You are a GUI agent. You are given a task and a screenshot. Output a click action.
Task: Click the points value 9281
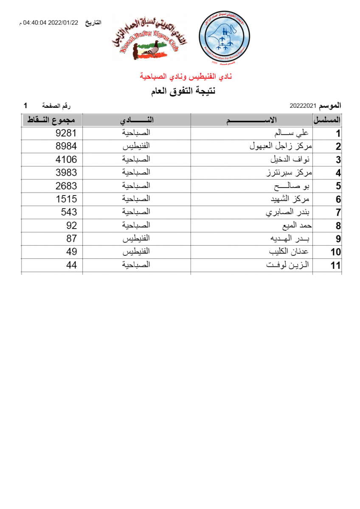[66, 133]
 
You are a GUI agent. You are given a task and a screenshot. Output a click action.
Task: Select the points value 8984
[66, 146]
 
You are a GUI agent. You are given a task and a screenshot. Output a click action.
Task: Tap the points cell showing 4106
[66, 159]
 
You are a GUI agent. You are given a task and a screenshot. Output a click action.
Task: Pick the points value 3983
[66, 173]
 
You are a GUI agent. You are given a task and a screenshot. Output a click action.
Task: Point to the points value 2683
[66, 186]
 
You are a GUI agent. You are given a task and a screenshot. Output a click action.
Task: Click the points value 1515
[66, 199]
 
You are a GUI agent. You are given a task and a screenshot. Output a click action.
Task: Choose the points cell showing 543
[69, 212]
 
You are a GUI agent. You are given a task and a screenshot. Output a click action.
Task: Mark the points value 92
[72, 225]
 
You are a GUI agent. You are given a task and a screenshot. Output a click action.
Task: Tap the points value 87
[72, 238]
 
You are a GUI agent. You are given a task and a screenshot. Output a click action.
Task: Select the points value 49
[72, 252]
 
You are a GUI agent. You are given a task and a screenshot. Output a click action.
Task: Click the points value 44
[72, 265]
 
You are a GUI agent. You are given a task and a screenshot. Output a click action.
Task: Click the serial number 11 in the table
[336, 266]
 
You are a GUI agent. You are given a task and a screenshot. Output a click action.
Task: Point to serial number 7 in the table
[338, 213]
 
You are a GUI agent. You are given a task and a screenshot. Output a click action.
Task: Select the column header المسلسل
[327, 120]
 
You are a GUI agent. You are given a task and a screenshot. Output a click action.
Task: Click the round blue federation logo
[224, 37]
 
